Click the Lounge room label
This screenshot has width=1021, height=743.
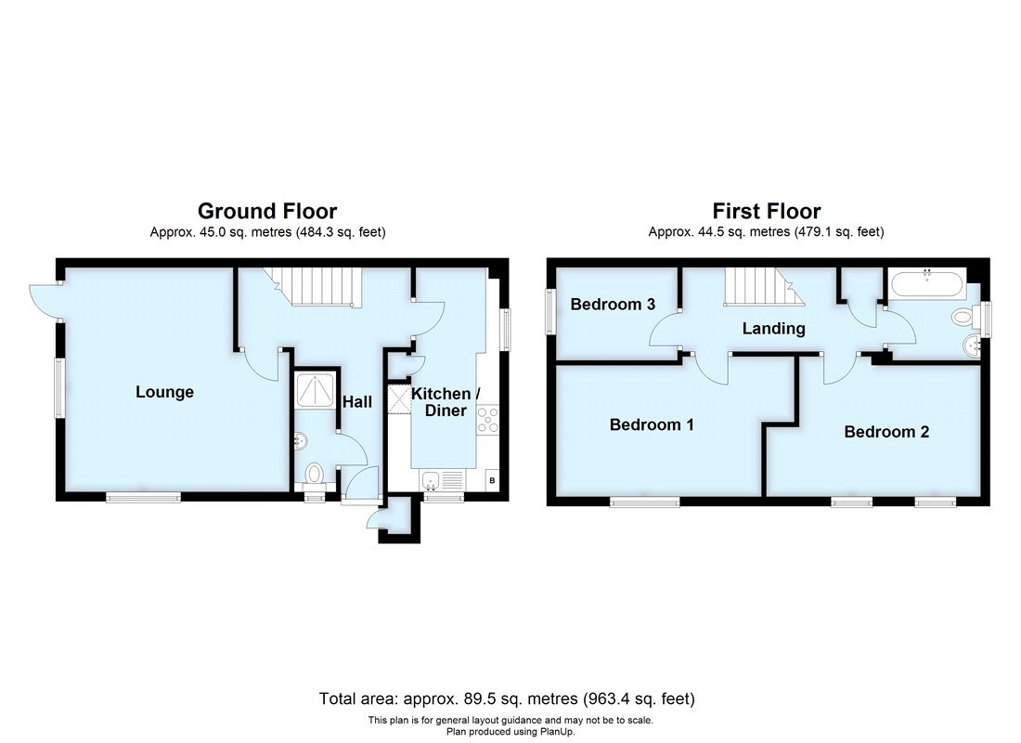165,392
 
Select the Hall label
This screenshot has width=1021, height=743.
357,402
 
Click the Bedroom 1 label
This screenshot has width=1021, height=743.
652,424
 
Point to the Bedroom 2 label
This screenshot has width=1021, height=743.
886,432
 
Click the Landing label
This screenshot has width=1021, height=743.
773,328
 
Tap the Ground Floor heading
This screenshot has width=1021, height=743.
267,212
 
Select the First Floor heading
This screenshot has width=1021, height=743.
767,212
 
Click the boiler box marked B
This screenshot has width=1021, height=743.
492,480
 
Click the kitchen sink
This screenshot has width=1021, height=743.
433,480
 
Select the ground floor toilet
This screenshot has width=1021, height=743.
315,475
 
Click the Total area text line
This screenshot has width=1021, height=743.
507,698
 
